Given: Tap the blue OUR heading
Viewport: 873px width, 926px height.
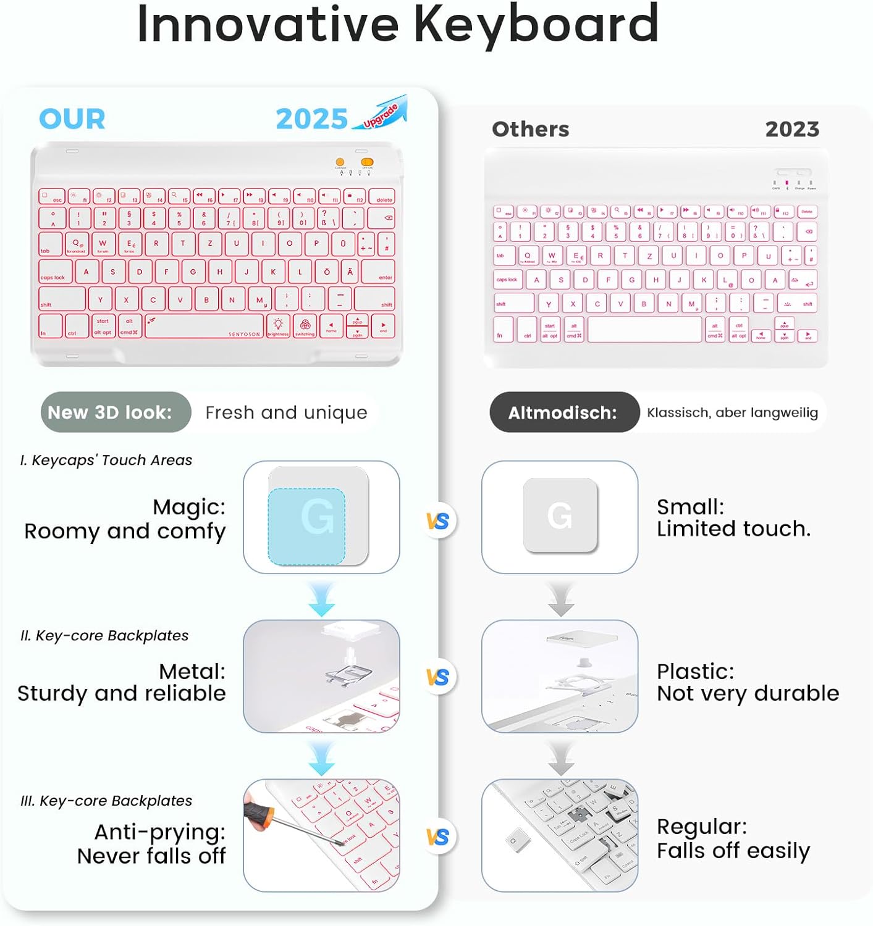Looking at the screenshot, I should (x=72, y=119).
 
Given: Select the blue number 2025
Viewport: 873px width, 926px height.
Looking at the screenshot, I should (x=311, y=119).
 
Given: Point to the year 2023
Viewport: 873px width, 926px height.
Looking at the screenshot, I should (x=792, y=129).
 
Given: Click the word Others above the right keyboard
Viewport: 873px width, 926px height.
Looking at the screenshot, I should (x=530, y=129).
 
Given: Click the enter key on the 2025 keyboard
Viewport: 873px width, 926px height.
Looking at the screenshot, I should (x=378, y=272).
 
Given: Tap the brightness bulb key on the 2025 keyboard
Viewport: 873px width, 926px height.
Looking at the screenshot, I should (x=278, y=325).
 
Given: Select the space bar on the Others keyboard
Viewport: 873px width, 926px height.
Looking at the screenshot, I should (x=645, y=329).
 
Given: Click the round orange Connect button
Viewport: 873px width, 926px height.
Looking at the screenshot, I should (x=340, y=162).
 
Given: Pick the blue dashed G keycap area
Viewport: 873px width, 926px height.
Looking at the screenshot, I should (x=306, y=526).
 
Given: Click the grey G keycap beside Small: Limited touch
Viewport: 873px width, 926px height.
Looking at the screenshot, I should (x=560, y=515).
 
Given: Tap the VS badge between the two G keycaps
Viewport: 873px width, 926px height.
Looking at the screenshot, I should (x=438, y=521).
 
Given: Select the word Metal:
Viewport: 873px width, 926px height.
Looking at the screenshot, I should (x=192, y=671).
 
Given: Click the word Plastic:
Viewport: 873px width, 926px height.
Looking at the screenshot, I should (x=695, y=671).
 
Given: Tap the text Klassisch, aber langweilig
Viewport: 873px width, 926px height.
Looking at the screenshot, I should (x=732, y=412).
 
